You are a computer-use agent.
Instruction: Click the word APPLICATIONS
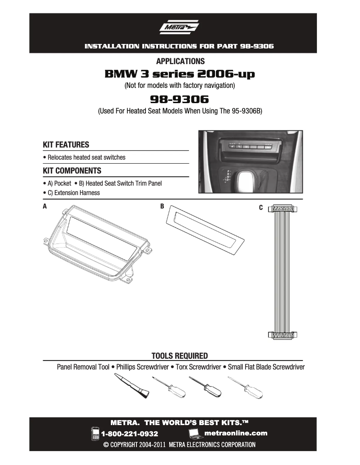coord(180,61)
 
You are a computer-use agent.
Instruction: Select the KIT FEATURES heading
coord(66,145)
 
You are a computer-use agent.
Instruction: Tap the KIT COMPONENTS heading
coord(72,171)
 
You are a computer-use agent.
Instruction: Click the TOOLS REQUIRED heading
coord(180,356)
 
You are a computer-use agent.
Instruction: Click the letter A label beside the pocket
coord(45,207)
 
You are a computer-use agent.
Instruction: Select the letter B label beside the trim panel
coord(162,207)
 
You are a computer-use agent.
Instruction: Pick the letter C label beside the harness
coord(261,208)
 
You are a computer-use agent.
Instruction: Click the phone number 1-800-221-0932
coord(129,434)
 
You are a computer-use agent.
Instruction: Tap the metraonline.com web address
coord(236,433)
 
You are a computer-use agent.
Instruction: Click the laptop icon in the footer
coord(195,433)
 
